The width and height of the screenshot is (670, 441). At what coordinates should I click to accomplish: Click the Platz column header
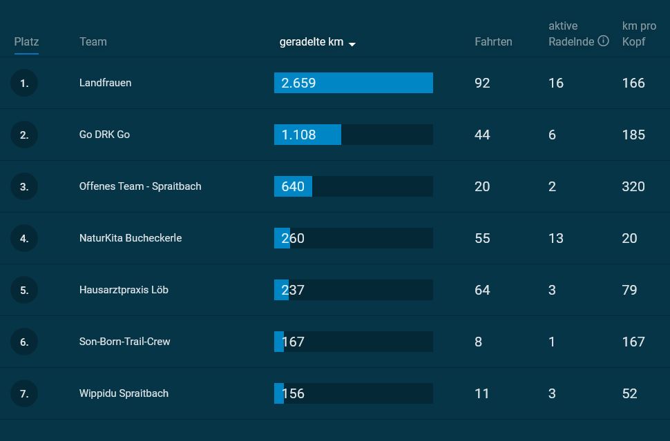tap(26, 41)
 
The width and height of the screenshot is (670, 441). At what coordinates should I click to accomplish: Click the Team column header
tap(93, 41)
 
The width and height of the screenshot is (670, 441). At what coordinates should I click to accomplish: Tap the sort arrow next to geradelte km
tap(352, 44)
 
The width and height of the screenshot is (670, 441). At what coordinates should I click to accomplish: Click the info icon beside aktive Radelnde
tap(603, 41)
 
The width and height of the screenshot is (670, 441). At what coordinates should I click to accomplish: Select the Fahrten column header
tap(493, 41)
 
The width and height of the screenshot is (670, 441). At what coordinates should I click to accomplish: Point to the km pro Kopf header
tap(639, 34)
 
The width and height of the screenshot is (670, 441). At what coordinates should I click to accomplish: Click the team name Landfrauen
tap(105, 83)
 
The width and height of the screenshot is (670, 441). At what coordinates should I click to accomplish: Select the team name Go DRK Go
tap(104, 135)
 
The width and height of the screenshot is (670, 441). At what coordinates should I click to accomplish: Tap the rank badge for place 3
tap(24, 186)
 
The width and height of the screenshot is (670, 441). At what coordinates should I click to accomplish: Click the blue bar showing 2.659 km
tap(353, 83)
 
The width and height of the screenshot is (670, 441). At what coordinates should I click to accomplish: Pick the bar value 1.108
tap(299, 135)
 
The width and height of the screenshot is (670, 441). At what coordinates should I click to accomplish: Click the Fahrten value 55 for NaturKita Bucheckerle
tap(482, 238)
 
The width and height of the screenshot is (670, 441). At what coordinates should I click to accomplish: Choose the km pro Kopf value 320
tap(633, 186)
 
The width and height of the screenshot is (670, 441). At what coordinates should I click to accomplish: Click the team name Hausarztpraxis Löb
tap(124, 290)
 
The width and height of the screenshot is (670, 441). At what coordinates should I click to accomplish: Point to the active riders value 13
tap(556, 238)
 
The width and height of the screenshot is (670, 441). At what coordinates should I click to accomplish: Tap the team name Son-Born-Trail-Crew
tap(124, 342)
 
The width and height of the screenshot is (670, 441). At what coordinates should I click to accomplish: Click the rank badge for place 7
tap(24, 393)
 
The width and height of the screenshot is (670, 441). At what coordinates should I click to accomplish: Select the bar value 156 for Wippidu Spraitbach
tap(293, 393)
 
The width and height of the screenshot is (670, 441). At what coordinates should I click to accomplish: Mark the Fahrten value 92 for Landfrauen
tap(482, 83)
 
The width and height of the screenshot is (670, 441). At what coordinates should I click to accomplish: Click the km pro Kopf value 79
tap(629, 290)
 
